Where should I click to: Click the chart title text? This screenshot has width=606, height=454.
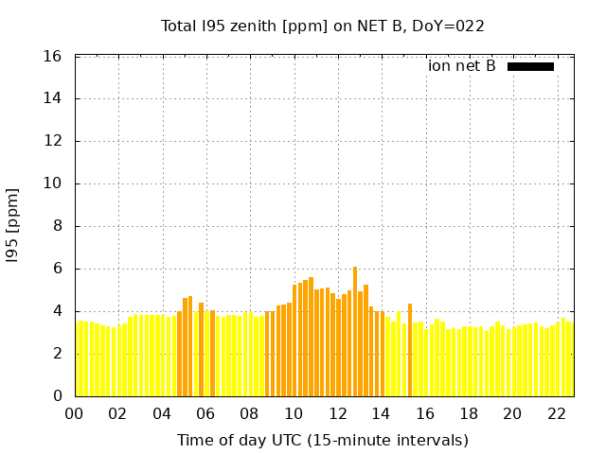(323, 26)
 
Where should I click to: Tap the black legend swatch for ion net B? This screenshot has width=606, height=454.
(530, 66)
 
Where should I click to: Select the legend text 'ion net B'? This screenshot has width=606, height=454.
(461, 66)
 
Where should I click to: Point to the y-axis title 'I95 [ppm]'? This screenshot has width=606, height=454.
(13, 226)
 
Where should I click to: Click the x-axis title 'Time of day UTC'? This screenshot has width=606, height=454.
(322, 440)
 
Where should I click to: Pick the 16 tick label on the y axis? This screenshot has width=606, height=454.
(53, 57)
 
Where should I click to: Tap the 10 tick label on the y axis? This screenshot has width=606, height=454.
(53, 183)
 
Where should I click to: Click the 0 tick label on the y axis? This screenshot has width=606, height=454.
(58, 395)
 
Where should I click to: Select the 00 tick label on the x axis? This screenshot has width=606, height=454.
(74, 414)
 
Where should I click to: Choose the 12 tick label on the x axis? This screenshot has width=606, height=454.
(337, 414)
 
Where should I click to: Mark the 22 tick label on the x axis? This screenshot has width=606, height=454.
(557, 414)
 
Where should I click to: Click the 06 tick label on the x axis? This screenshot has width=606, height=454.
(205, 414)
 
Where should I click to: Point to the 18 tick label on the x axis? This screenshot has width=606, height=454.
(469, 414)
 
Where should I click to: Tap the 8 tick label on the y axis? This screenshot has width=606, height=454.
(58, 226)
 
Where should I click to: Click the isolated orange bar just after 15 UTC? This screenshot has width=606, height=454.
(410, 350)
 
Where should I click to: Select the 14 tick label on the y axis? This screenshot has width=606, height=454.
(53, 98)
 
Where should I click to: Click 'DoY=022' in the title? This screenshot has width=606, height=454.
(453, 26)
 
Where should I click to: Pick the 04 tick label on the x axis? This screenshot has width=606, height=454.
(162, 414)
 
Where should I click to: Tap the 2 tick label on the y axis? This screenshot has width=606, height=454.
(58, 354)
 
